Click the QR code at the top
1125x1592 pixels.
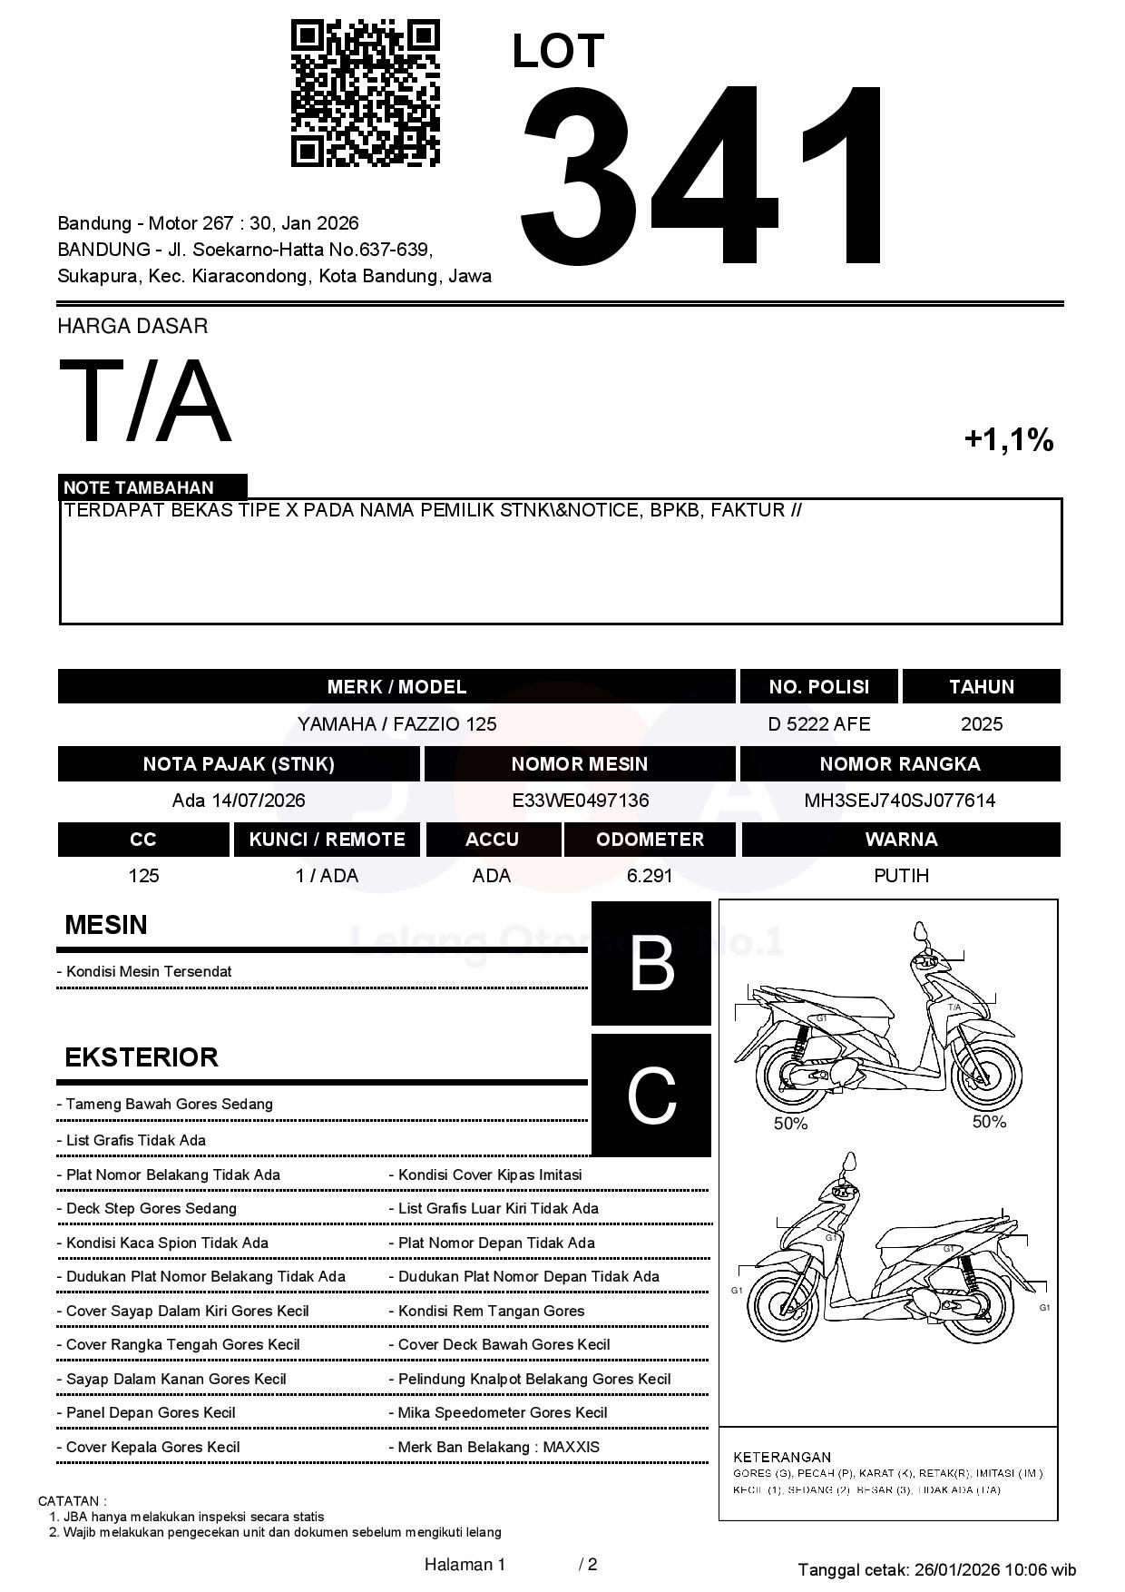365,93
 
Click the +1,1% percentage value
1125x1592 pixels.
1008,440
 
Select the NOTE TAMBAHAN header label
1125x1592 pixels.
139,487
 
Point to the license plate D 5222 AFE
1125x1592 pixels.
818,724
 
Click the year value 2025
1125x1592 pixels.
982,724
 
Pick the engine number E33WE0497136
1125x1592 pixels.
580,801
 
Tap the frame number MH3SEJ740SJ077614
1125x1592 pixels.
899,801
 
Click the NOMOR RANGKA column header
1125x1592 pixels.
899,764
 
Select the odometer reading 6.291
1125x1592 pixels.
650,876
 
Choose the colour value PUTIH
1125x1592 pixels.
901,876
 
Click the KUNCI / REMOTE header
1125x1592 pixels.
327,840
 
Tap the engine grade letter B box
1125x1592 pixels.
651,963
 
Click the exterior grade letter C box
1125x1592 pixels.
651,1096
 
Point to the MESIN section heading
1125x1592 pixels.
106,925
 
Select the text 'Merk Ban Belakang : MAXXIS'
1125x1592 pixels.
499,1448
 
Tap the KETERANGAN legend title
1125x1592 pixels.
781,1457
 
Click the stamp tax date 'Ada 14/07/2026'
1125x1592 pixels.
239,801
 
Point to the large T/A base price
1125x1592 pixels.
145,402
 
